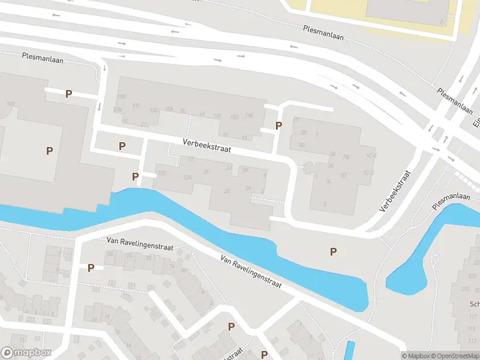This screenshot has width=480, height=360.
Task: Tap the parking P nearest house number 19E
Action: click(278, 125)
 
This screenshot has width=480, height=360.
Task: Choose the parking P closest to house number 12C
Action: click(136, 176)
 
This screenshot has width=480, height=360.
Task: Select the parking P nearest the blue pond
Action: click(333, 251)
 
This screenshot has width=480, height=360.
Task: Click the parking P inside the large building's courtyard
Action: click(49, 151)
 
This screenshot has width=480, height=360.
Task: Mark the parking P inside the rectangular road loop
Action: click(122, 146)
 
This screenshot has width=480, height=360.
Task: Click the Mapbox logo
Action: click(26, 353)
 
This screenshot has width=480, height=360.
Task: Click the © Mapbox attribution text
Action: click(416, 356)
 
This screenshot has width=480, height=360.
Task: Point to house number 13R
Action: click(121, 97)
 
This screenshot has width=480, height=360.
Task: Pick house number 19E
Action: click(248, 115)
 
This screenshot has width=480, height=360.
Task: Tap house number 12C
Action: click(162, 173)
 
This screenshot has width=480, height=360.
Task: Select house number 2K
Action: click(245, 170)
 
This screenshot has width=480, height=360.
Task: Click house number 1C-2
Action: click(370, 155)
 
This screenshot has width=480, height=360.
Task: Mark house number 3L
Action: click(328, 180)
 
